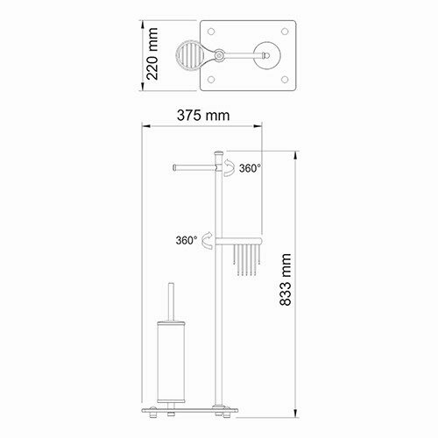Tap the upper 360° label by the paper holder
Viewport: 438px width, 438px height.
pyautogui.click(x=249, y=169)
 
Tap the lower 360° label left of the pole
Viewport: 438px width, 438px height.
pyautogui.click(x=186, y=238)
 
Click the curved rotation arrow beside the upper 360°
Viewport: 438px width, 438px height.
pyautogui.click(x=226, y=166)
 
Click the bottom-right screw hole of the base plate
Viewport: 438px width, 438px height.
pyautogui.click(x=289, y=80)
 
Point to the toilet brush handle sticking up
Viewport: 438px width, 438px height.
pyautogui.click(x=169, y=298)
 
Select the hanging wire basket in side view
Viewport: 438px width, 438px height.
pyautogui.click(x=247, y=261)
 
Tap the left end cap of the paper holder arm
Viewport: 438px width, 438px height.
pyautogui.click(x=176, y=164)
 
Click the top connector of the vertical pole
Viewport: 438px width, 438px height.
pyautogui.click(x=215, y=157)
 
